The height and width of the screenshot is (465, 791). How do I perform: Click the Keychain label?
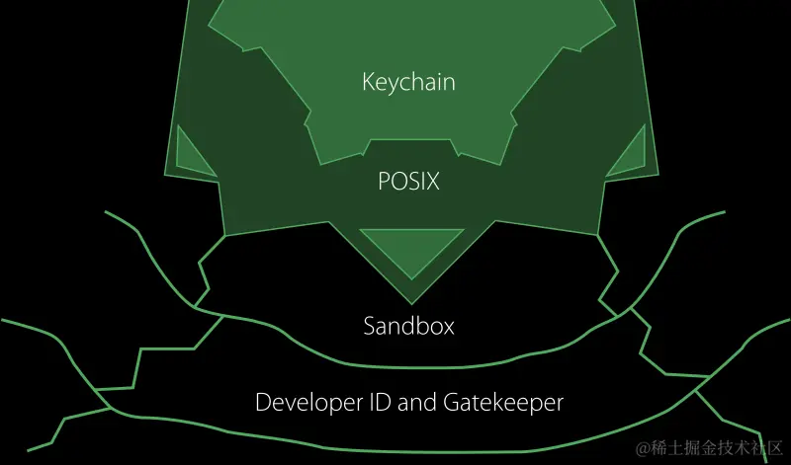(x=408, y=82)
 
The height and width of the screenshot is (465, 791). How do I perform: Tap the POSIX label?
(x=408, y=183)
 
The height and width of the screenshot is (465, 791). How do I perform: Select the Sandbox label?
(x=408, y=325)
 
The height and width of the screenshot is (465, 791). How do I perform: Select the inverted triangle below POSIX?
(x=407, y=247)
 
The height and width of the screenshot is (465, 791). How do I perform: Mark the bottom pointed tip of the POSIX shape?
(x=408, y=302)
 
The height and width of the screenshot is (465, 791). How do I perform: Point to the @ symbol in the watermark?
(x=644, y=451)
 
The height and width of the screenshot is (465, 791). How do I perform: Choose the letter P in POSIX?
(x=385, y=183)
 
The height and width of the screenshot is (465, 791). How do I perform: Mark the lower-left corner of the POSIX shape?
(x=225, y=235)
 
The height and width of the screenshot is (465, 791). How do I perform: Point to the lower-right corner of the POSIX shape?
(x=598, y=235)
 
